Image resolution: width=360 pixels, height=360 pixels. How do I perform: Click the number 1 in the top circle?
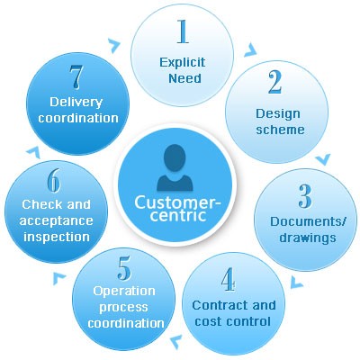coord(183,31)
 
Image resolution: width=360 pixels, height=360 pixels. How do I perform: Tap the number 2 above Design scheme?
coord(275,82)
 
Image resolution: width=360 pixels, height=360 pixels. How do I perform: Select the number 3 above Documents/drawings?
coord(305,196)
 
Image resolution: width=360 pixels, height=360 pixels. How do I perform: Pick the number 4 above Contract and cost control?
coord(228,279)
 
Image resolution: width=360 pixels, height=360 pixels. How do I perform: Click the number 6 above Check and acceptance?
coord(54,181)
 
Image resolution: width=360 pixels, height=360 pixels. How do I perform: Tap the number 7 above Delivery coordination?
coord(76,76)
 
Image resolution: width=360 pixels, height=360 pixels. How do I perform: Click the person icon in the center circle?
coord(175,167)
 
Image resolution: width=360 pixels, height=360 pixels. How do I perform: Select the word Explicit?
coord(183,63)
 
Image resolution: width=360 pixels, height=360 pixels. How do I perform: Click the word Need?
coord(184,78)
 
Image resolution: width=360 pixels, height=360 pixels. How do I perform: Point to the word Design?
coord(278,114)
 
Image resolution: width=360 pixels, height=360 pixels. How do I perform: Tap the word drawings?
coord(308,238)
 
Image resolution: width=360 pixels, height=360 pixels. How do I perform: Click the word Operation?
coord(124,292)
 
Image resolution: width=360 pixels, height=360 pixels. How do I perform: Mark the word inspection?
coord(57,237)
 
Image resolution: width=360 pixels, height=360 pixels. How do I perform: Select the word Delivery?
coord(76,103)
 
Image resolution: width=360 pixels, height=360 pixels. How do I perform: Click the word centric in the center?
coord(178,216)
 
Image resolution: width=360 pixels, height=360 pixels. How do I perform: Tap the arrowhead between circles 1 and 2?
coord(251,50)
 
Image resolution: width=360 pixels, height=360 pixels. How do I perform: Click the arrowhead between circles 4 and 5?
coord(176,341)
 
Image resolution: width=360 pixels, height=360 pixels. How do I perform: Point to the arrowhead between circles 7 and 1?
coord(114,46)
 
